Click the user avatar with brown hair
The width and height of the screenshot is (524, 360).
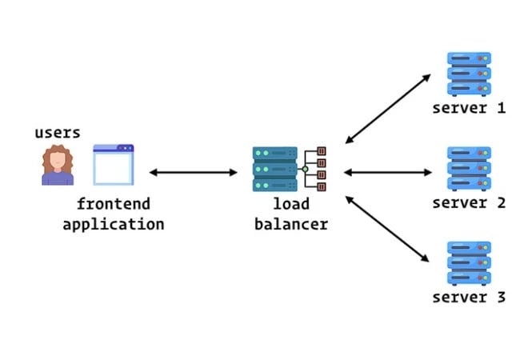pos(58,166)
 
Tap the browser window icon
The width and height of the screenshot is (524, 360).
pos(114,165)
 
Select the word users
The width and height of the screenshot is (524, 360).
pos(58,133)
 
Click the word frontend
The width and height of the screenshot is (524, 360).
pos(113,203)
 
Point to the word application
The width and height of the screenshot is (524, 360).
pos(113,224)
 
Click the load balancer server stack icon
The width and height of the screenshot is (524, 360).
pos(275,169)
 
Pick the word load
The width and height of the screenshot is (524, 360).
pos(290,203)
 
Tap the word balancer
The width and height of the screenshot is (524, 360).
pos(290,224)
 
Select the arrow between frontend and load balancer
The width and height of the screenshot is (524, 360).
pos(194,172)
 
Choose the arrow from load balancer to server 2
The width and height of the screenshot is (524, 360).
pos(387,171)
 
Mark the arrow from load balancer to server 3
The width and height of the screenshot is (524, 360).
pos(387,228)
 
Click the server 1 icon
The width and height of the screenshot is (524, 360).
pos(469,74)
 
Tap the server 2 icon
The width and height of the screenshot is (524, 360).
pos(469,169)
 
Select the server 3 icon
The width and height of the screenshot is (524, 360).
pos(469,262)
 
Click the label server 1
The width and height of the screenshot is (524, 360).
pos(469,108)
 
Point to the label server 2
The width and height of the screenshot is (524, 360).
pos(469,202)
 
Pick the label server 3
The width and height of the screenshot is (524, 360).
pos(469,298)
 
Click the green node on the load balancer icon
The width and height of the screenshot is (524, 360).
pos(305,169)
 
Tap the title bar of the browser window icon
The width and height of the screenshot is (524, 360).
pos(114,148)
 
